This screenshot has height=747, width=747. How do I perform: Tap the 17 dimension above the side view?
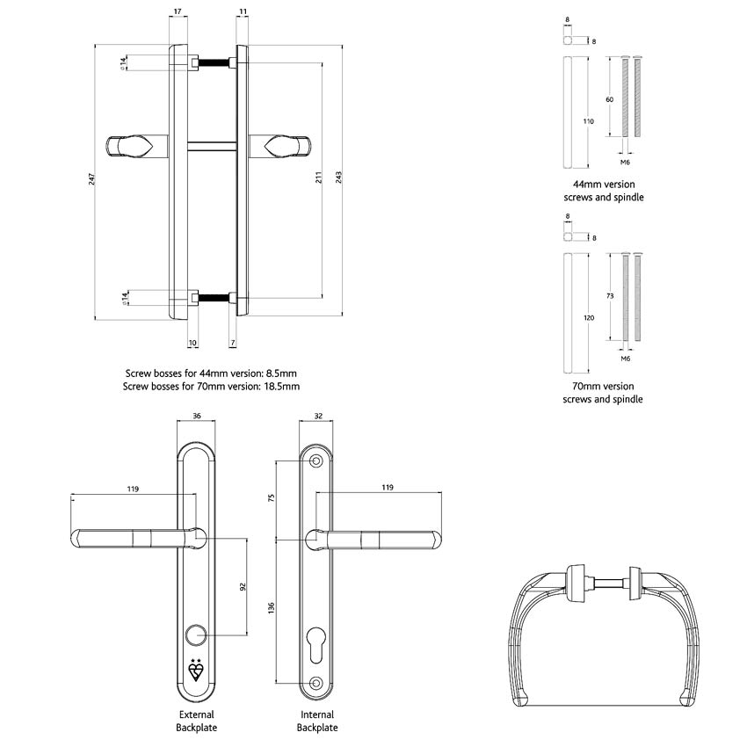click(x=178, y=11)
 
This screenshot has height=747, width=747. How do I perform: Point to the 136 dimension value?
click(x=272, y=608)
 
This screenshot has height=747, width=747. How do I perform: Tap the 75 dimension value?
click(x=272, y=498)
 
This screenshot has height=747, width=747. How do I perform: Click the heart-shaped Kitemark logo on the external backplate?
click(x=197, y=671)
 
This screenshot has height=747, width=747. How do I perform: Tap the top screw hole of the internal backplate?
click(x=316, y=461)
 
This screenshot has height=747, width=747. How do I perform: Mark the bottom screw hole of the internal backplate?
click(x=316, y=684)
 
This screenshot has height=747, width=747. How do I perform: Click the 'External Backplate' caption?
click(x=197, y=721)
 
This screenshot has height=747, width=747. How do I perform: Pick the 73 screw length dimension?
click(x=610, y=297)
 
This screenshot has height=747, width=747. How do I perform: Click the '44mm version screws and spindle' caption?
click(x=603, y=191)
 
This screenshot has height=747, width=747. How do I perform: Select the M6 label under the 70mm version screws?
click(x=626, y=359)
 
